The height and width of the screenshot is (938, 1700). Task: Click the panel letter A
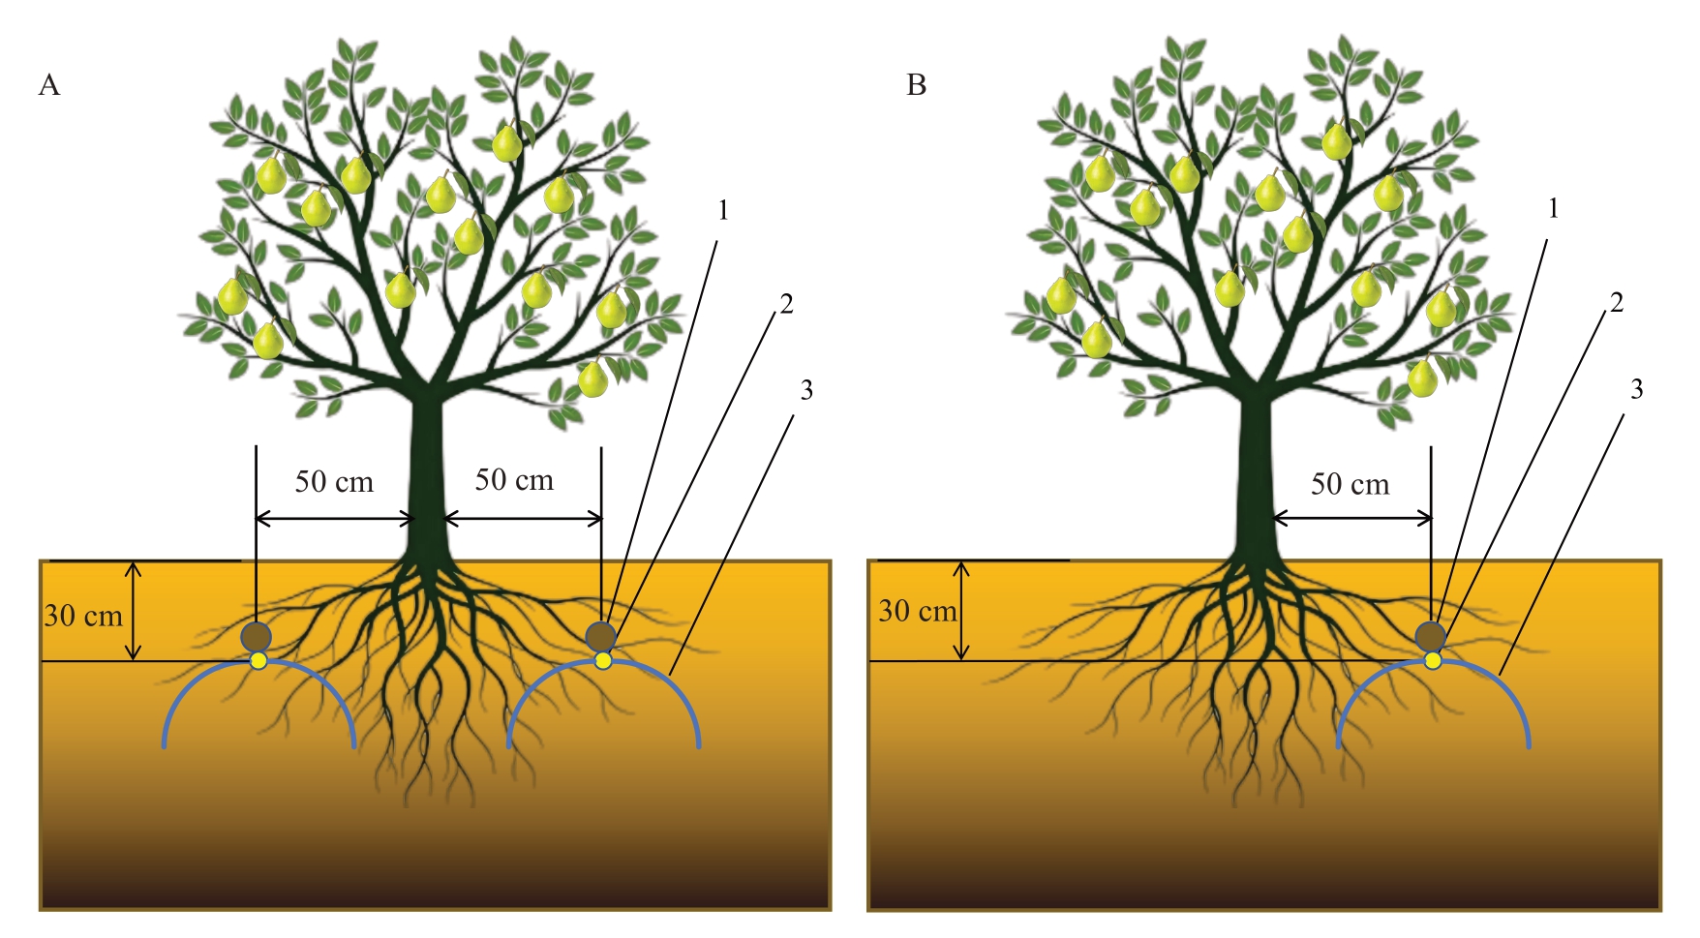(49, 86)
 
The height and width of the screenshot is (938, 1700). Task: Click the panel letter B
(916, 86)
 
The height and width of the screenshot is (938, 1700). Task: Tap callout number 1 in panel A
(722, 210)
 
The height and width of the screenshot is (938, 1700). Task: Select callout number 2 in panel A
(786, 305)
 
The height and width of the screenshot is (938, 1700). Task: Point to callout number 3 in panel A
(805, 390)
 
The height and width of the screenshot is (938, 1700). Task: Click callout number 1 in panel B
(1553, 209)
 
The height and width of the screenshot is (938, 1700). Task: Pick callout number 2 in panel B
(1616, 304)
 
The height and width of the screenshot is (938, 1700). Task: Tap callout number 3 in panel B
(1636, 389)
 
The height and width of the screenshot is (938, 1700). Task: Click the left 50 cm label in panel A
(334, 482)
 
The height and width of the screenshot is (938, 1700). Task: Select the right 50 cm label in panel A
(514, 480)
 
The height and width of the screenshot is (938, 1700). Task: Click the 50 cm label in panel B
(1350, 484)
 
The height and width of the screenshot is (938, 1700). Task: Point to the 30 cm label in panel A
(83, 616)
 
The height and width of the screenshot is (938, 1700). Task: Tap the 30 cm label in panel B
(917, 612)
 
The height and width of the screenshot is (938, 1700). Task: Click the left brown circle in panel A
(257, 637)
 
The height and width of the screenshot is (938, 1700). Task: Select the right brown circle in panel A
(601, 636)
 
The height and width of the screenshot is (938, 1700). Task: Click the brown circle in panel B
(1431, 636)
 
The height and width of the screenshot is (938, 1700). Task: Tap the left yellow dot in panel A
(258, 660)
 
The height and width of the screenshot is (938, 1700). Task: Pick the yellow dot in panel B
(1433, 660)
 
